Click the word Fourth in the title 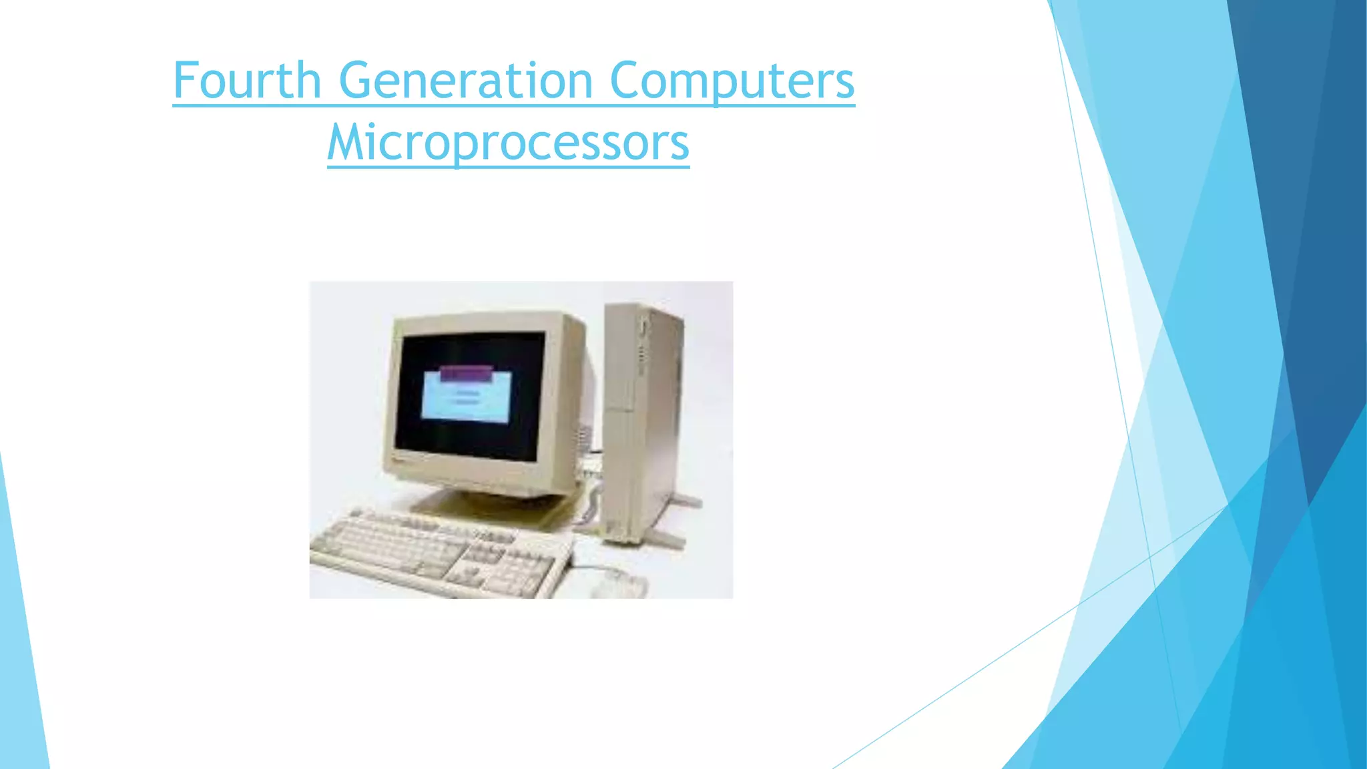coord(247,80)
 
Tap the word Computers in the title coord(732,81)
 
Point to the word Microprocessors coord(508,142)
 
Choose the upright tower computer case coord(641,421)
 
